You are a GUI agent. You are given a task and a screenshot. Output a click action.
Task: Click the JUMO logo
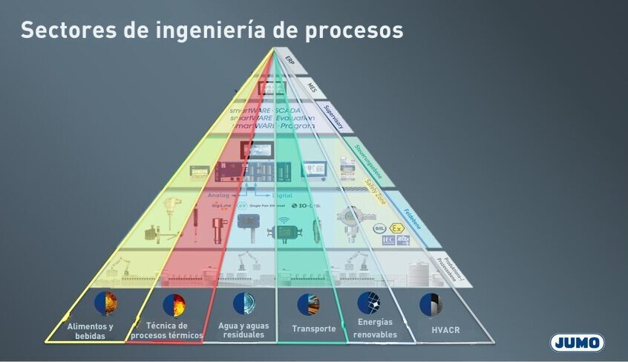tap(578, 342)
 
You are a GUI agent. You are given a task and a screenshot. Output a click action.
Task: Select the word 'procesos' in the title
tap(356, 30)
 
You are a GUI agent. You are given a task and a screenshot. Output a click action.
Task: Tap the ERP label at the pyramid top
tap(290, 60)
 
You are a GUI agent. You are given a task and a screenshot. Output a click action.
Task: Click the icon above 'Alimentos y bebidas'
tap(106, 303)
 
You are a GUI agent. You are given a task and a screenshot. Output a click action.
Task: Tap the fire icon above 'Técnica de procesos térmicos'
tap(174, 304)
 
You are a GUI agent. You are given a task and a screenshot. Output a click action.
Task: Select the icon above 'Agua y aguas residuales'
tap(243, 303)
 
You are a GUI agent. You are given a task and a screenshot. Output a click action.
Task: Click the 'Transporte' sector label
tap(313, 329)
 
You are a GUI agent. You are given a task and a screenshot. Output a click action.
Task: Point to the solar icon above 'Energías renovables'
tap(368, 303)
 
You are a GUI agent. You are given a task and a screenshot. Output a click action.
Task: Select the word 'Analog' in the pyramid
tap(219, 195)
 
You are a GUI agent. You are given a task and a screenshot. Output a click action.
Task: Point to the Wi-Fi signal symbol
tap(283, 221)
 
